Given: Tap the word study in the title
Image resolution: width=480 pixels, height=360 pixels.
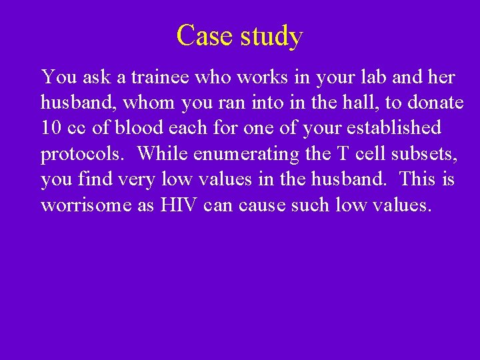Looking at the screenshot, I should click(271, 36).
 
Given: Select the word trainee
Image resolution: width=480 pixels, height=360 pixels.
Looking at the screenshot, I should click(161, 77).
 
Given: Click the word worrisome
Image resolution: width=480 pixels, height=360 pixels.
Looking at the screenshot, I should click(87, 205).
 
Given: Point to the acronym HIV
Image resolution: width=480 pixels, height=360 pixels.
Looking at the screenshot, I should click(179, 205).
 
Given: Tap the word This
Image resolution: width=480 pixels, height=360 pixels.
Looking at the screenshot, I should click(423, 179).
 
